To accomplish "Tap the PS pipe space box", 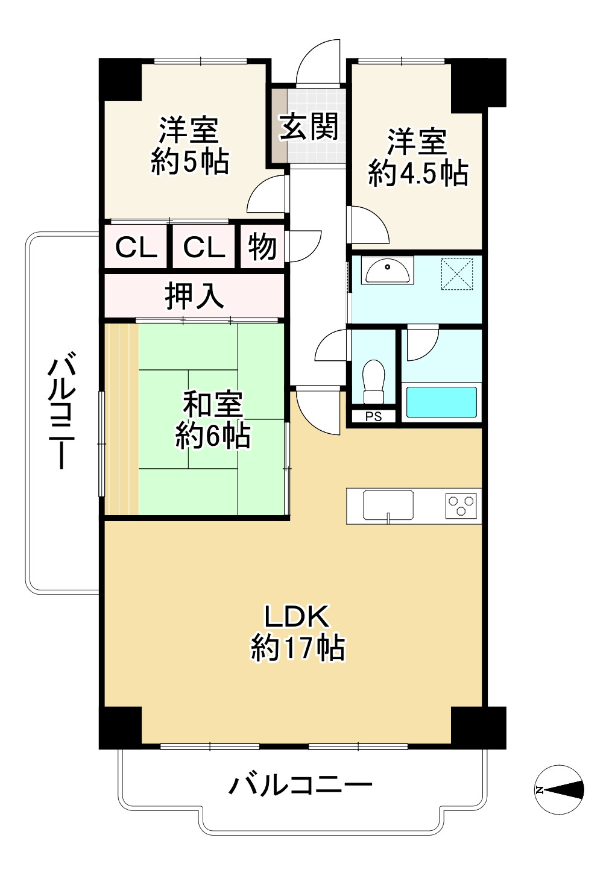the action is pyautogui.click(x=373, y=417).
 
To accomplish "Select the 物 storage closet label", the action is pyautogui.click(x=262, y=247).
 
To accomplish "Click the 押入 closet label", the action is pyautogui.click(x=194, y=296).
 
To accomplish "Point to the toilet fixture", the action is pyautogui.click(x=373, y=381).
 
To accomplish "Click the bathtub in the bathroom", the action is pyautogui.click(x=441, y=402).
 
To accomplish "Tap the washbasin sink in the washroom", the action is pyautogui.click(x=387, y=270).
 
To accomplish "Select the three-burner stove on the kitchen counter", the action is pyautogui.click(x=461, y=505).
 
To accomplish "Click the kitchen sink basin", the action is pyautogui.click(x=388, y=505).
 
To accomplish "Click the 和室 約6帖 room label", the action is pyautogui.click(x=213, y=420).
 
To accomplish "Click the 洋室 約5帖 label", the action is pyautogui.click(x=189, y=145).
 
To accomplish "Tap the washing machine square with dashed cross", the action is pyautogui.click(x=457, y=274).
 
